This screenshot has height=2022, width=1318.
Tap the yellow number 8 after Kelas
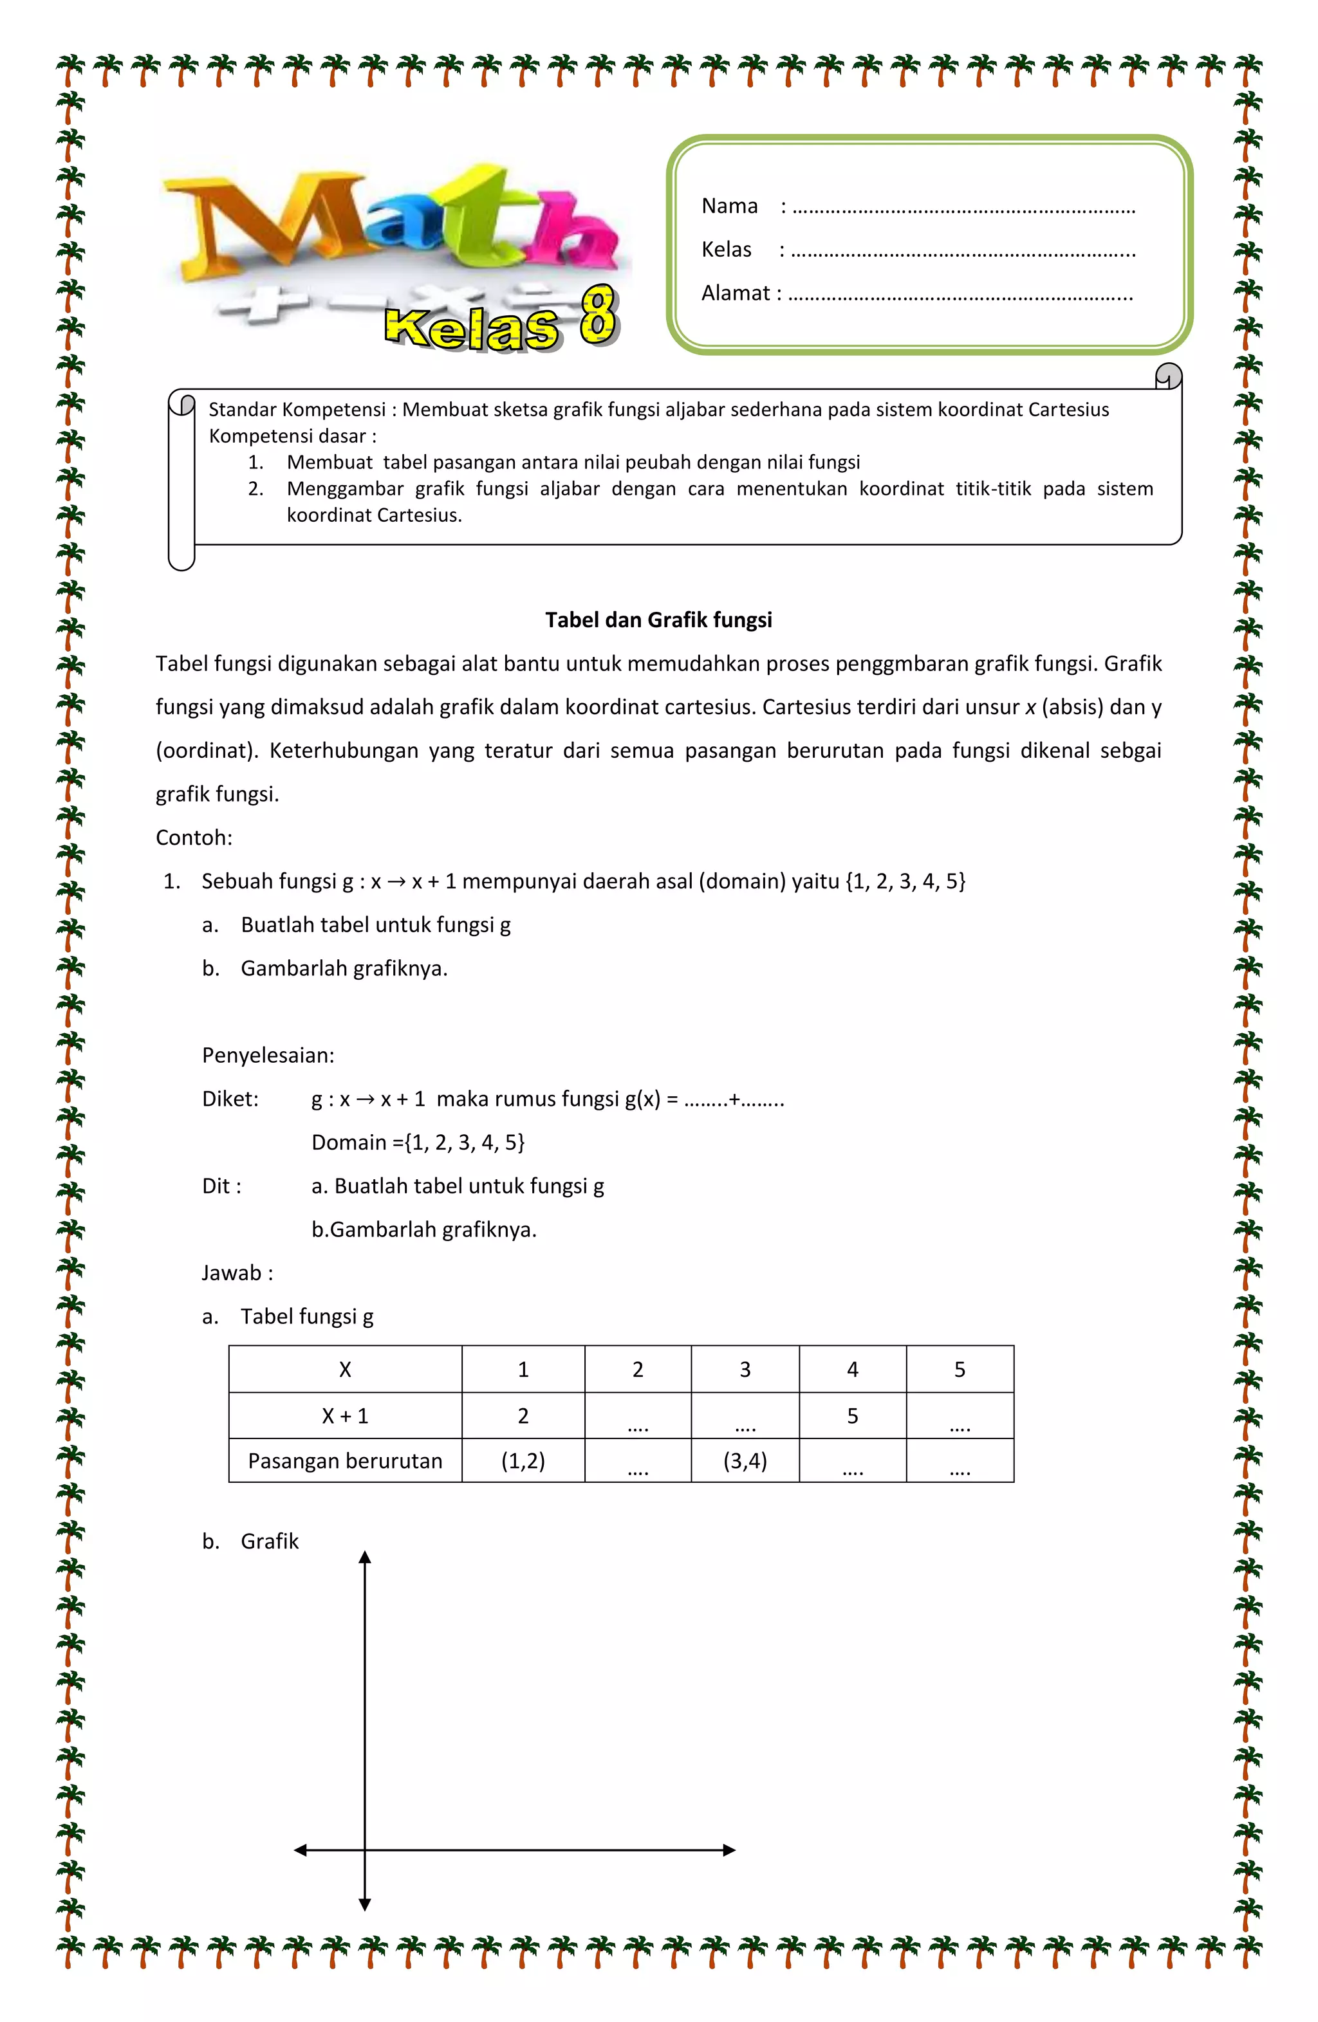599,315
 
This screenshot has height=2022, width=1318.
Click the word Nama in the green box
729,207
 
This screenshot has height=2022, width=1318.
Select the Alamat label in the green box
736,293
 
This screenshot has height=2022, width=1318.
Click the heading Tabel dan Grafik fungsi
658,620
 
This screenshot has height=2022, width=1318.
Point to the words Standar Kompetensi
297,410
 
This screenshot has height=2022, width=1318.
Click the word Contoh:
194,838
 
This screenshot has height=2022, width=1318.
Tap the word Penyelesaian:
268,1055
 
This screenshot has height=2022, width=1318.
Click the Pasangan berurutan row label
345,1461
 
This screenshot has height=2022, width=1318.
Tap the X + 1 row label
345,1416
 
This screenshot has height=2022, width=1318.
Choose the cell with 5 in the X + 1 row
852,1416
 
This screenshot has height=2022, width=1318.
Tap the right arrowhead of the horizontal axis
729,1850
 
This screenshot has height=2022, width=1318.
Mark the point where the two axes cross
364,1850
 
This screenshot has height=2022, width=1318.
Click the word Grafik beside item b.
270,1541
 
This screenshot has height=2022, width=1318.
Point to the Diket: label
230,1099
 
